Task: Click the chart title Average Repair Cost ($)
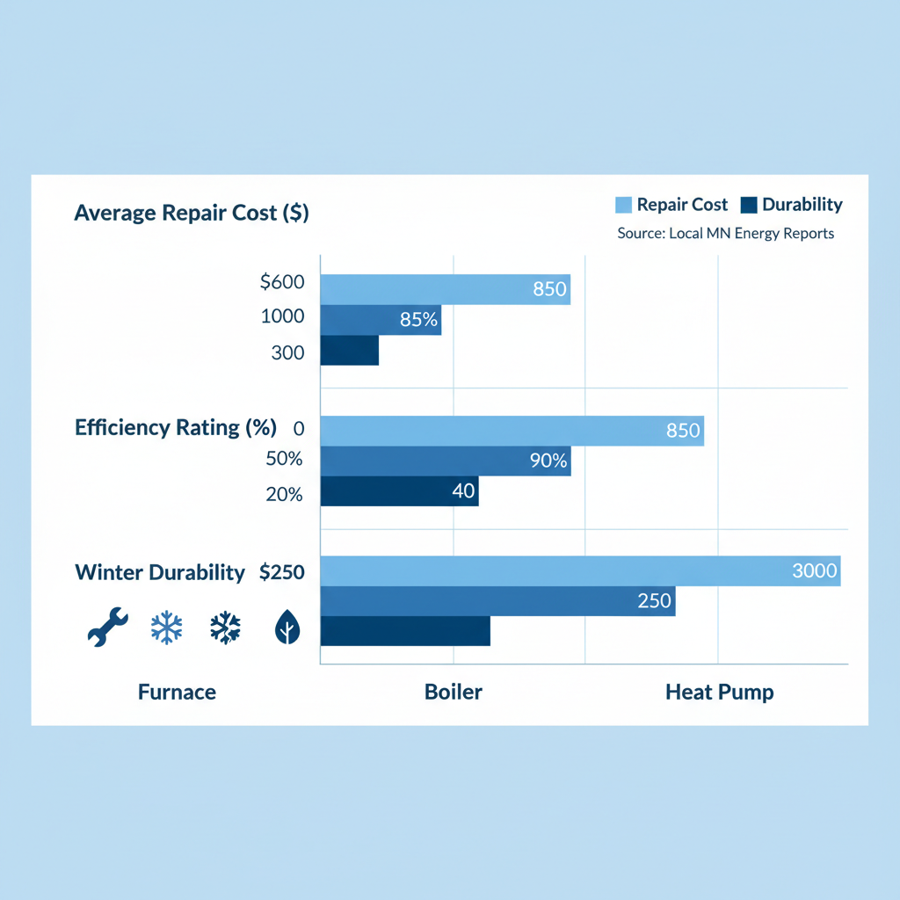point(192,213)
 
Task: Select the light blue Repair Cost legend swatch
point(623,206)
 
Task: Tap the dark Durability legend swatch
point(749,206)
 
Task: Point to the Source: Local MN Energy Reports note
point(726,234)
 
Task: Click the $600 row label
point(282,283)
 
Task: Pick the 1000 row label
point(282,317)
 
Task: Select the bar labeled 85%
point(381,320)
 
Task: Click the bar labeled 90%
point(446,461)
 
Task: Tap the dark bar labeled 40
point(399,491)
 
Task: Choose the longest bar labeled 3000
point(580,570)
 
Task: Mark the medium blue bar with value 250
point(497,601)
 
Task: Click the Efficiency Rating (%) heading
point(176,428)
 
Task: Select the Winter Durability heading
point(160,573)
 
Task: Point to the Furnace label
point(177,692)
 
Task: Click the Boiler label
point(454,692)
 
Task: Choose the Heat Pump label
point(720,692)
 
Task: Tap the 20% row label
point(284,495)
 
